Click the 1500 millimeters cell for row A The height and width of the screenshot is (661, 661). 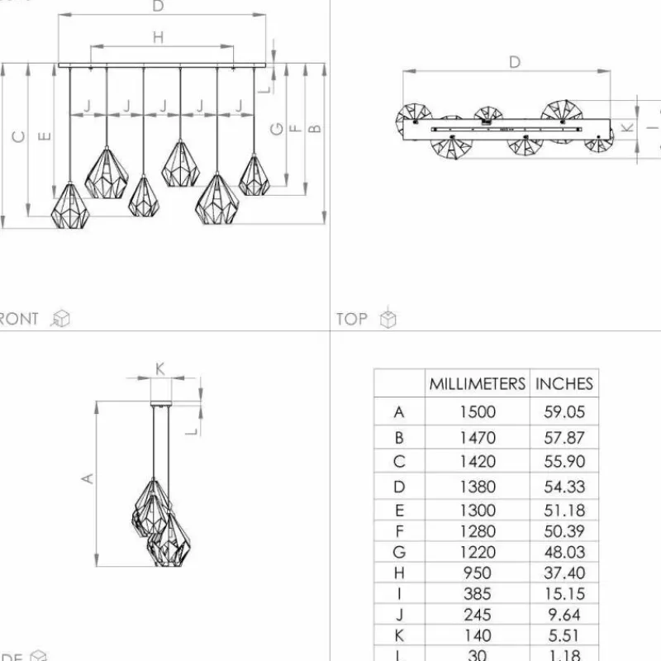(477, 411)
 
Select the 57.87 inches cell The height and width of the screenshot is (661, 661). (564, 438)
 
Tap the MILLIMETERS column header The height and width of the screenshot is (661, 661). (477, 383)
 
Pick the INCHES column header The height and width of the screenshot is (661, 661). (564, 383)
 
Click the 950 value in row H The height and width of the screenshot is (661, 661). (477, 573)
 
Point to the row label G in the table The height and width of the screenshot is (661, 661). (400, 551)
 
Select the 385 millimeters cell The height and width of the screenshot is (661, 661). (477, 593)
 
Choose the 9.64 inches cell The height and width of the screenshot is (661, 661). (564, 615)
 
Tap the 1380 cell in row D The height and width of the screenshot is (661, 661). (477, 487)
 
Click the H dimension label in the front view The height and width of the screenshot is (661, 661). (158, 37)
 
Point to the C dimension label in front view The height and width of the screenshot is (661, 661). (18, 137)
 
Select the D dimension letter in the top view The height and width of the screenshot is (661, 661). (515, 62)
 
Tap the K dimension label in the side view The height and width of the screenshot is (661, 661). (160, 369)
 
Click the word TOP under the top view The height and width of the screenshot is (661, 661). (352, 319)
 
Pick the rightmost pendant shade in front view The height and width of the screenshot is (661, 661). (254, 175)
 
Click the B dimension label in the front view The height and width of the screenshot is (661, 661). (314, 128)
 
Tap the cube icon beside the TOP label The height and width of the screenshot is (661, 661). (388, 319)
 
